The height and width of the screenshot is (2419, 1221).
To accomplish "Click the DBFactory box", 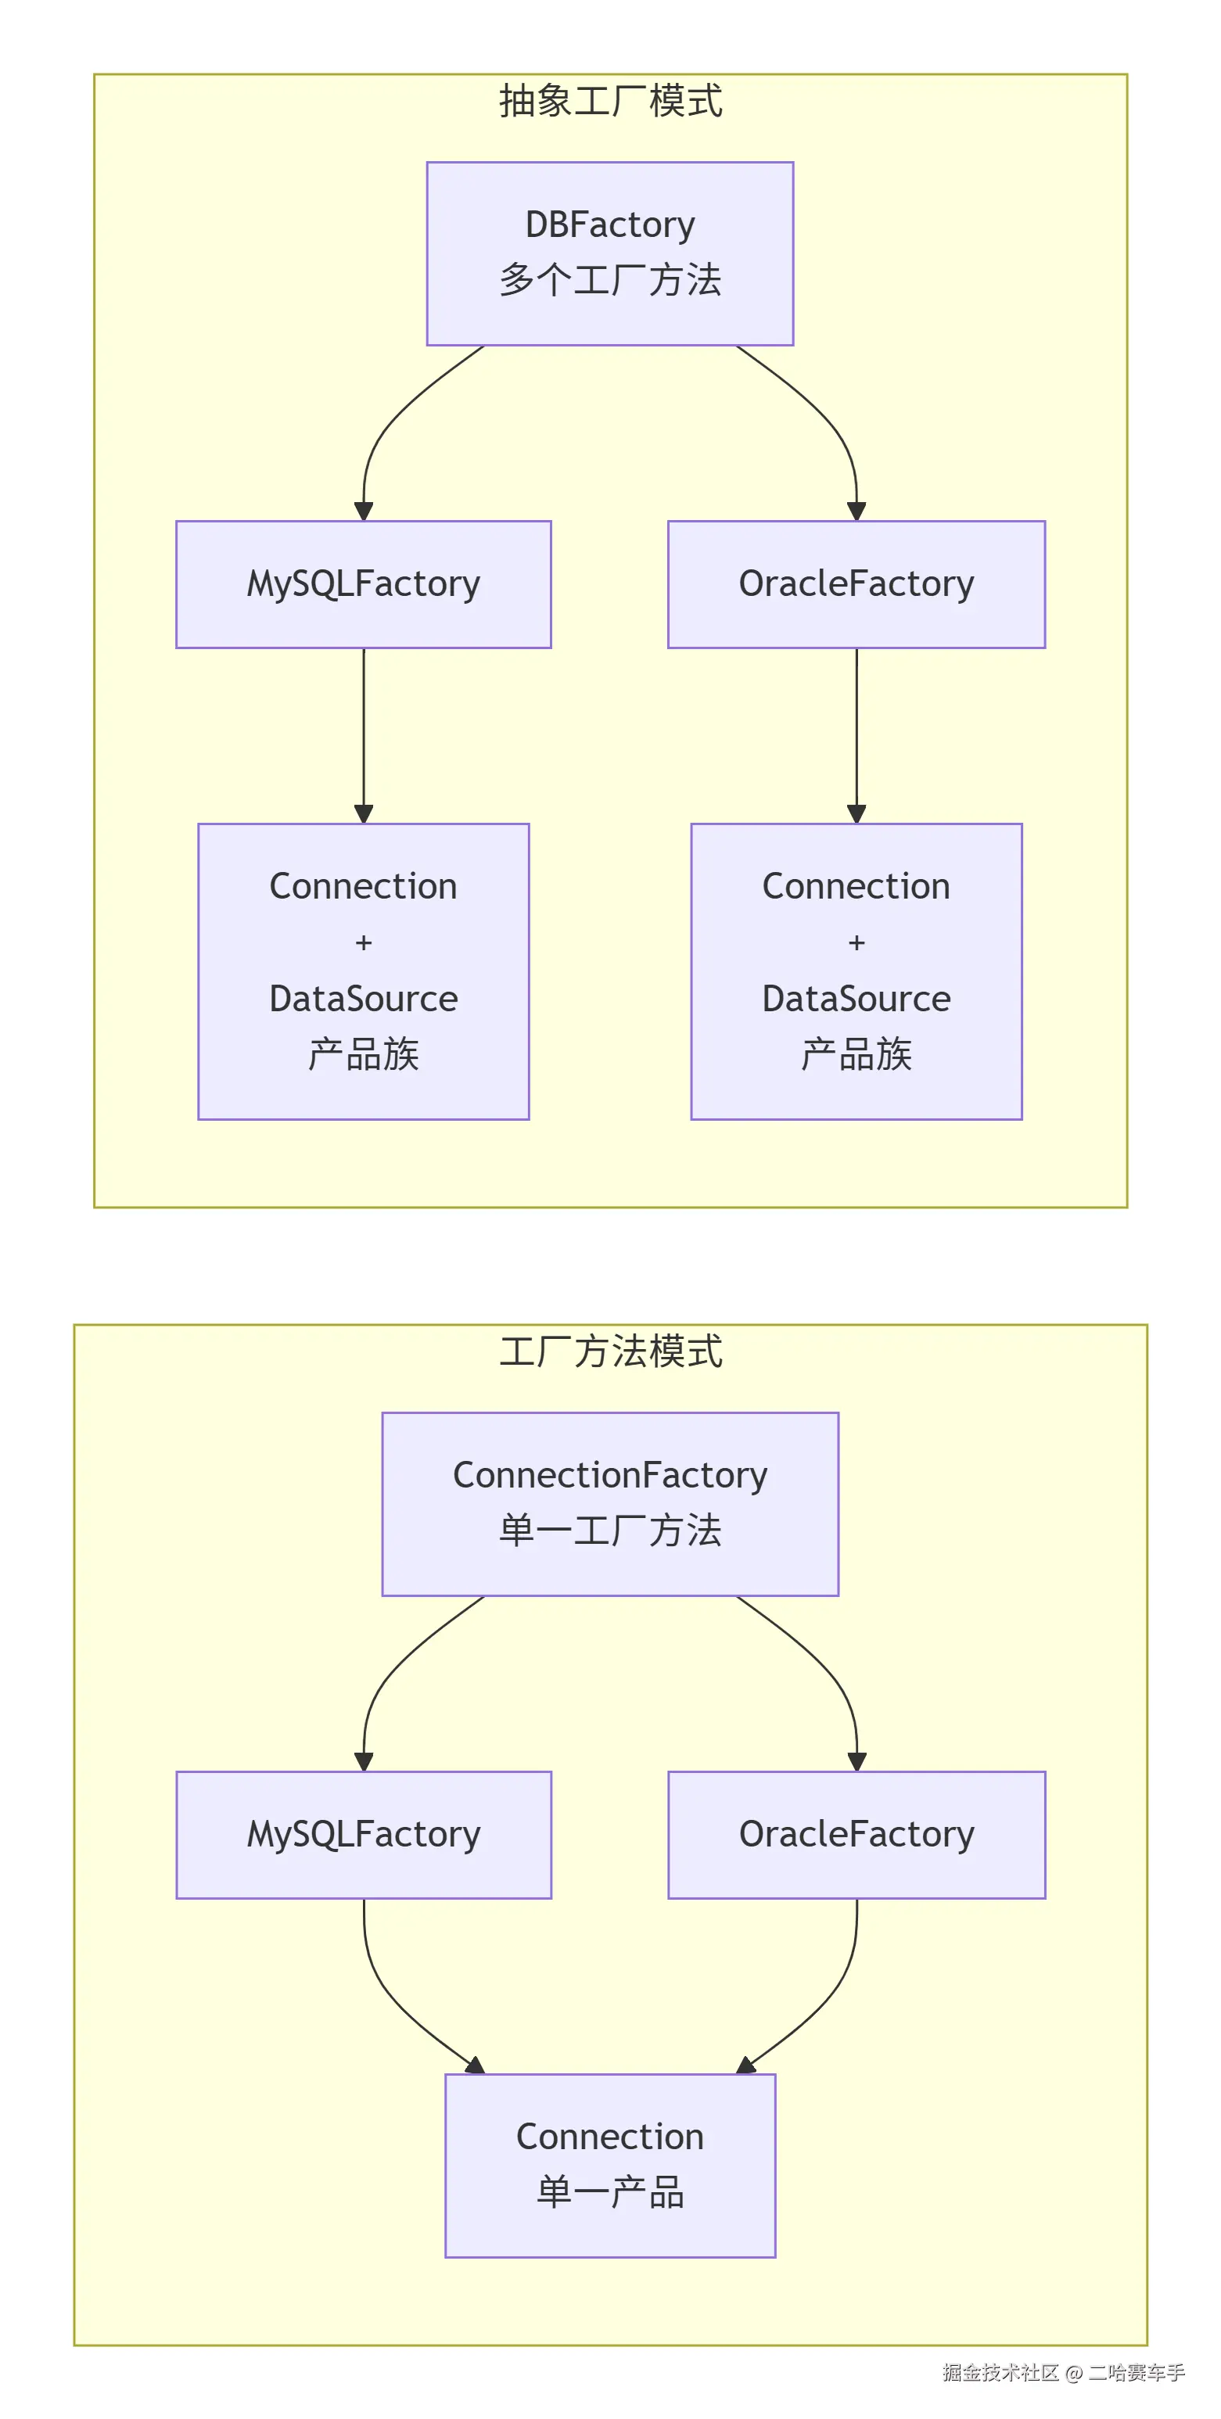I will click(x=609, y=253).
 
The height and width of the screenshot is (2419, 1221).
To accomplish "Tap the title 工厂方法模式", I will click(x=609, y=1351).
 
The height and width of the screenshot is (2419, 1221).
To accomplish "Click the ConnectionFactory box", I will click(x=609, y=1503).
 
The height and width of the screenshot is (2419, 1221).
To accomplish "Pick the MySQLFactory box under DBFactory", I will click(x=364, y=584).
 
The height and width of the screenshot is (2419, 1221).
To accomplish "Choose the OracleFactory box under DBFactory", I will click(x=856, y=584).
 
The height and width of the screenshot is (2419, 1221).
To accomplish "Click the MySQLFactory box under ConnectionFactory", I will click(x=364, y=1834).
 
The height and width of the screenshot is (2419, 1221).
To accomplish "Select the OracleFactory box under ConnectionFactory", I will click(x=856, y=1834).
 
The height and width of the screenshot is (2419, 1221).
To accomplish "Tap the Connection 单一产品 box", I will click(x=609, y=2165).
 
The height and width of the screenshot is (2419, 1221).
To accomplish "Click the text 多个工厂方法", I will click(x=609, y=280).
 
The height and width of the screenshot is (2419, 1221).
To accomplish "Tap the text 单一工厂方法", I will click(x=609, y=1531).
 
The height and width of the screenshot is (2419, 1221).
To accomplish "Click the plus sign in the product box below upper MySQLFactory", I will click(x=364, y=942).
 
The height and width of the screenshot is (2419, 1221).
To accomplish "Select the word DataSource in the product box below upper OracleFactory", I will click(x=856, y=998).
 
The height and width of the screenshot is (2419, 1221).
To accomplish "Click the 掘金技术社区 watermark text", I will click(x=1000, y=2373).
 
